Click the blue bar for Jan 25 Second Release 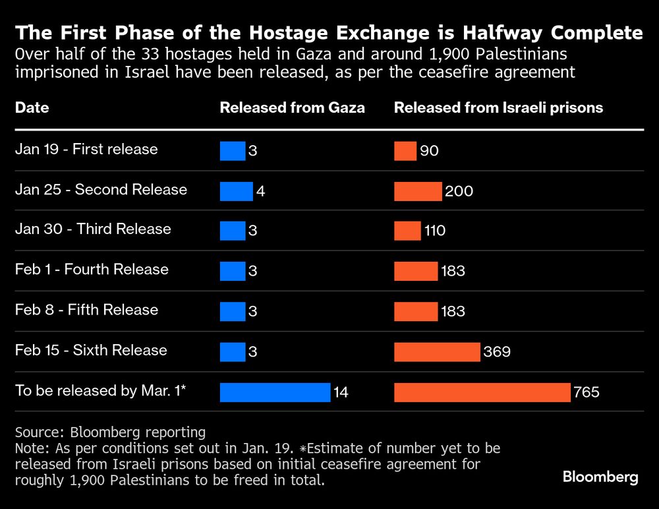pos(236,191)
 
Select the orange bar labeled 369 pos(437,351)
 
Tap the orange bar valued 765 pos(482,392)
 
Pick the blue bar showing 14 pos(275,392)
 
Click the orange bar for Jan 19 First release pos(405,151)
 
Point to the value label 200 pos(459,191)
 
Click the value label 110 pos(435,231)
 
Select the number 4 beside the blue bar pos(260,191)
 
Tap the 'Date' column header pos(32,107)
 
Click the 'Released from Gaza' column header pos(292,107)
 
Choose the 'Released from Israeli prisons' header pos(498,107)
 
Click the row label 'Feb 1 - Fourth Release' pos(92,270)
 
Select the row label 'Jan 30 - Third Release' pos(93,229)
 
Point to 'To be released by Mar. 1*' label pos(101,390)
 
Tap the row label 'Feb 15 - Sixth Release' pos(91,350)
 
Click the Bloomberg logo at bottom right pos(600,477)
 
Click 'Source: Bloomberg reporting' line pos(110,433)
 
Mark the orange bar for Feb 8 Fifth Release pos(416,311)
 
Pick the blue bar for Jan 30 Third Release pos(232,231)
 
